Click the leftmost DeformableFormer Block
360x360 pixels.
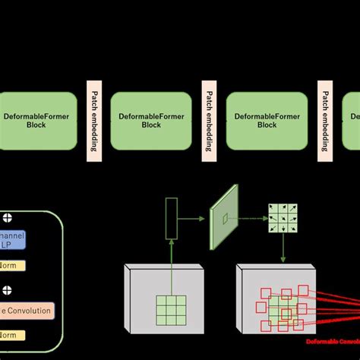[x=38, y=122]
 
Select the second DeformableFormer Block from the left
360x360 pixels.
[x=150, y=122]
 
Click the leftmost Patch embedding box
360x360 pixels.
[x=94, y=121]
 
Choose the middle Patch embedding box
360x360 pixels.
[x=208, y=121]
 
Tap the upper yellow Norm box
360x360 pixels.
[x=12, y=266]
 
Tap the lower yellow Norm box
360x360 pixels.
[x=12, y=335]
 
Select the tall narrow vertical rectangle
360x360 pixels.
[x=171, y=216]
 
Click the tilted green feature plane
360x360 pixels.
[x=224, y=218]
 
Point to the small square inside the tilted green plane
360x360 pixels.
[x=224, y=219]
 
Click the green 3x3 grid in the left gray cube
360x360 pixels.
[x=171, y=310]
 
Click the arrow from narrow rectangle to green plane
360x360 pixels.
[x=193, y=218]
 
